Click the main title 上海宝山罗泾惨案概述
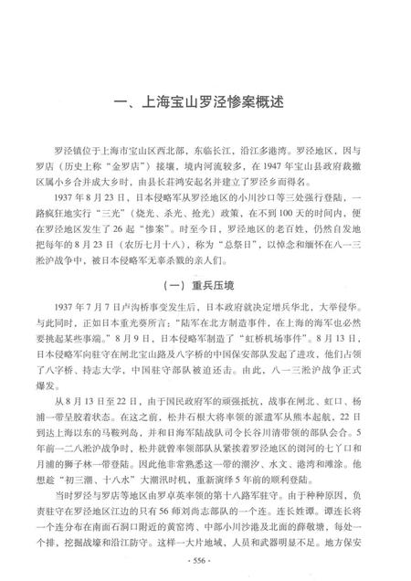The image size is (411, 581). click(x=205, y=102)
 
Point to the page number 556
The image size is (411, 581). click(x=205, y=560)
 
